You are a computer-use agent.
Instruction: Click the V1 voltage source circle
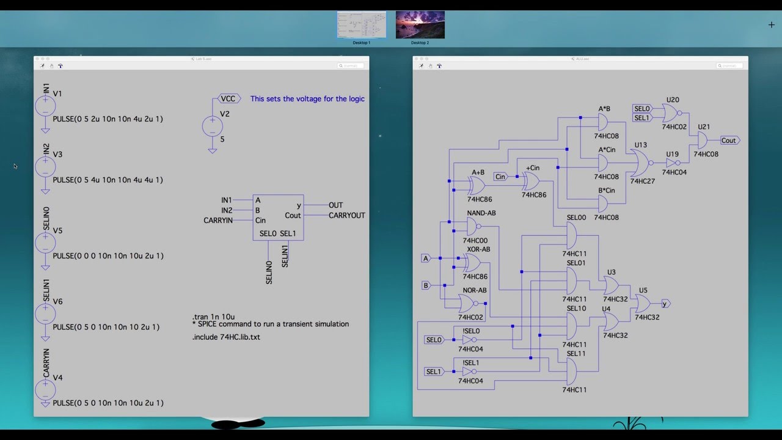click(45, 107)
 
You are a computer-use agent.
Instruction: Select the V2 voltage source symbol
click(212, 127)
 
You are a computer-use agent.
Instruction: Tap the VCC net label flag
click(228, 98)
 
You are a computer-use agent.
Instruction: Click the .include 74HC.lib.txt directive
click(226, 337)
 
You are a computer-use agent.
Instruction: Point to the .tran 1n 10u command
click(213, 317)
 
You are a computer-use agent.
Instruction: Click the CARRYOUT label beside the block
click(346, 215)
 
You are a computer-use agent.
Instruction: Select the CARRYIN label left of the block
click(218, 220)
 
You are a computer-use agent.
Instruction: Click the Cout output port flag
click(729, 141)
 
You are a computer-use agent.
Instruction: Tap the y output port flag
click(665, 304)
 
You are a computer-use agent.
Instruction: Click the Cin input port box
click(500, 177)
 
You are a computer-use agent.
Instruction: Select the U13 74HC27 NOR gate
click(641, 163)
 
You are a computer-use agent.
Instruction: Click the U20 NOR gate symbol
click(671, 112)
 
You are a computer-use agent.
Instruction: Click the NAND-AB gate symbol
click(475, 227)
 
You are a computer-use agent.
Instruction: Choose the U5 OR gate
click(643, 304)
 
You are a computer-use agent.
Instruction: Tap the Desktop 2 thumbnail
click(420, 25)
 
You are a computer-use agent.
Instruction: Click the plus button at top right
click(771, 25)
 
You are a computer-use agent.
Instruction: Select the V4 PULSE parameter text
click(108, 403)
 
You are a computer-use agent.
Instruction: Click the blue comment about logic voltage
click(307, 99)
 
